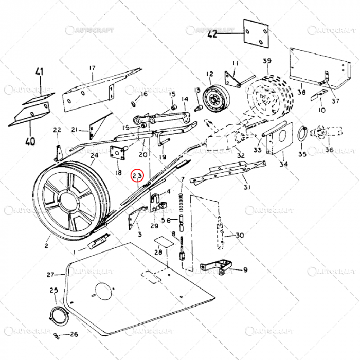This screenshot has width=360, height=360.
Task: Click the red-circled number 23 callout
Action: pyautogui.click(x=137, y=176)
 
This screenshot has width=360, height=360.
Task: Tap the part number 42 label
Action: pyautogui.click(x=212, y=34)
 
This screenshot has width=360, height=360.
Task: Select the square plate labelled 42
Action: pyautogui.click(x=256, y=34)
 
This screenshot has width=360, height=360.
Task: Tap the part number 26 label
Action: pyautogui.click(x=74, y=334)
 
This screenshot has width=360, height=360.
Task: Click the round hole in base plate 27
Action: pyautogui.click(x=102, y=291)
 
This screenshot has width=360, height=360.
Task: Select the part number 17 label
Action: pyautogui.click(x=93, y=68)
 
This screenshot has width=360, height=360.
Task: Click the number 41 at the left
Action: pyautogui.click(x=40, y=73)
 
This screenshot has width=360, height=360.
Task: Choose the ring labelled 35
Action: pyautogui.click(x=301, y=134)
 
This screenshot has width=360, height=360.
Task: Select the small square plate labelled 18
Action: pyautogui.click(x=120, y=152)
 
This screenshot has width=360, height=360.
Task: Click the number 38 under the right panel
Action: pyautogui.click(x=302, y=93)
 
